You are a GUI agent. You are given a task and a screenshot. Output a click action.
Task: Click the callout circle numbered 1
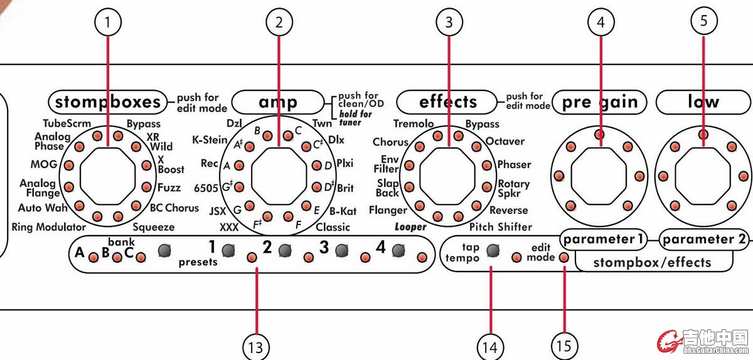tap(108, 23)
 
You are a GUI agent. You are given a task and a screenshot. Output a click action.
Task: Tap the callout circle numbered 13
tap(256, 346)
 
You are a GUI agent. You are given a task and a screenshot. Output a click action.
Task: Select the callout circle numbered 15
tap(565, 346)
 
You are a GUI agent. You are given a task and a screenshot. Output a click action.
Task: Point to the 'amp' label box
tap(278, 102)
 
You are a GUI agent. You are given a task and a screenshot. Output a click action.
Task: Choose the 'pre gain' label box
tap(601, 102)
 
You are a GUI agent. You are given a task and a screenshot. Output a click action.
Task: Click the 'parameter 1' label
tap(602, 239)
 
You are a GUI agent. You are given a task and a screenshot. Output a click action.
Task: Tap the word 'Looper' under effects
tap(411, 227)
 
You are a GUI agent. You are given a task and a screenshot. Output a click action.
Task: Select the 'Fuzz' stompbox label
tap(169, 188)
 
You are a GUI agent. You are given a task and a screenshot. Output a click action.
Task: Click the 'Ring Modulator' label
tap(48, 227)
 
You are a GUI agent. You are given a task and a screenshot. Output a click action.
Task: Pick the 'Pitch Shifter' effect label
tap(500, 227)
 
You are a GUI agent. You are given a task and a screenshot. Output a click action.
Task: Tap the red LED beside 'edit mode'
tap(563, 257)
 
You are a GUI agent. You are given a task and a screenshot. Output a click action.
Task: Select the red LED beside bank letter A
tap(93, 257)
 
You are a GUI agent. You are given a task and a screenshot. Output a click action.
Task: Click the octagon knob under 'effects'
tap(449, 176)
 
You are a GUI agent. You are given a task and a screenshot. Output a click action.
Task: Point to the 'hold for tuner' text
tap(355, 119)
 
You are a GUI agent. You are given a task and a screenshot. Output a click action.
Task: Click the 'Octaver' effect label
tap(505, 142)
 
